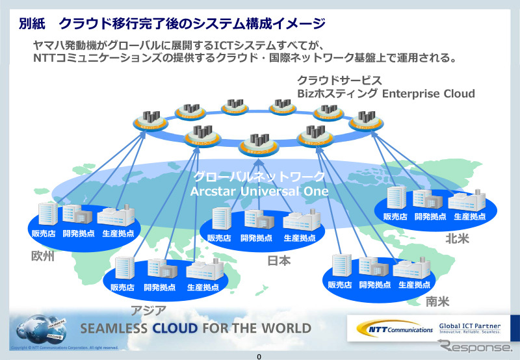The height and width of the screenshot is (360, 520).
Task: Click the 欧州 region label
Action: click(42, 255)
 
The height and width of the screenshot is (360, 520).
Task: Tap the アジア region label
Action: click(149, 310)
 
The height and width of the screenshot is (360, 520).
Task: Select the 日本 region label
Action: click(279, 261)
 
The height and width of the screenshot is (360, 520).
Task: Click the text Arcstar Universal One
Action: click(259, 191)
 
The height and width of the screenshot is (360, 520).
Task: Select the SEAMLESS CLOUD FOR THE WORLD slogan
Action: click(196, 327)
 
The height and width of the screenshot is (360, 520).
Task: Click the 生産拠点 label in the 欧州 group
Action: click(118, 233)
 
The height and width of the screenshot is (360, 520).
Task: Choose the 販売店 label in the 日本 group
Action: click(219, 238)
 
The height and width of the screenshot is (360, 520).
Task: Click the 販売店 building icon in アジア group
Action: click(123, 268)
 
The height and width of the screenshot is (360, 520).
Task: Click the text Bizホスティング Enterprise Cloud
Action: click(385, 94)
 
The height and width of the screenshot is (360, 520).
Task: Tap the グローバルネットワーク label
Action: click(259, 177)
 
